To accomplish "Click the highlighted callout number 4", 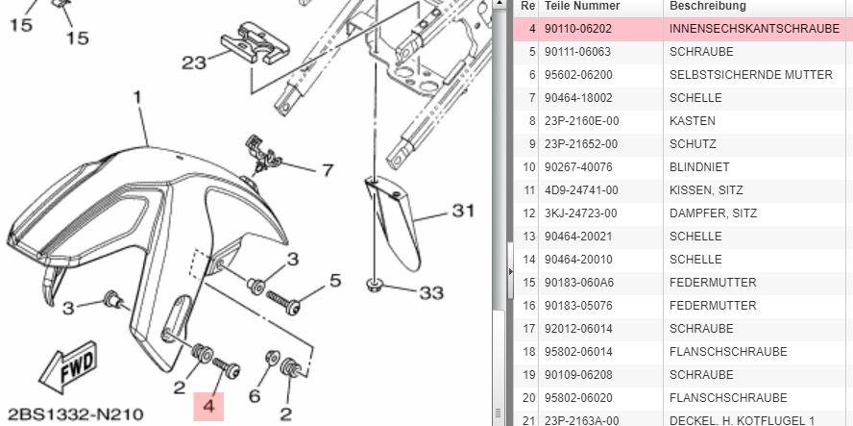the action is click(x=208, y=407).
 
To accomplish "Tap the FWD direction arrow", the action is click(x=68, y=366).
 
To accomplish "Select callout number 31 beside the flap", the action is click(x=462, y=211).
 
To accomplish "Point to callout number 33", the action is click(x=431, y=293).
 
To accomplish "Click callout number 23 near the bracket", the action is click(x=194, y=63).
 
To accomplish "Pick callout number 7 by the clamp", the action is click(x=327, y=170).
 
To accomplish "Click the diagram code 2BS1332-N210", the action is click(x=76, y=414).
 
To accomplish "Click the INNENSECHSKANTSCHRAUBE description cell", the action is click(x=754, y=29).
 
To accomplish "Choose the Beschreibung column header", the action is click(x=707, y=6).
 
